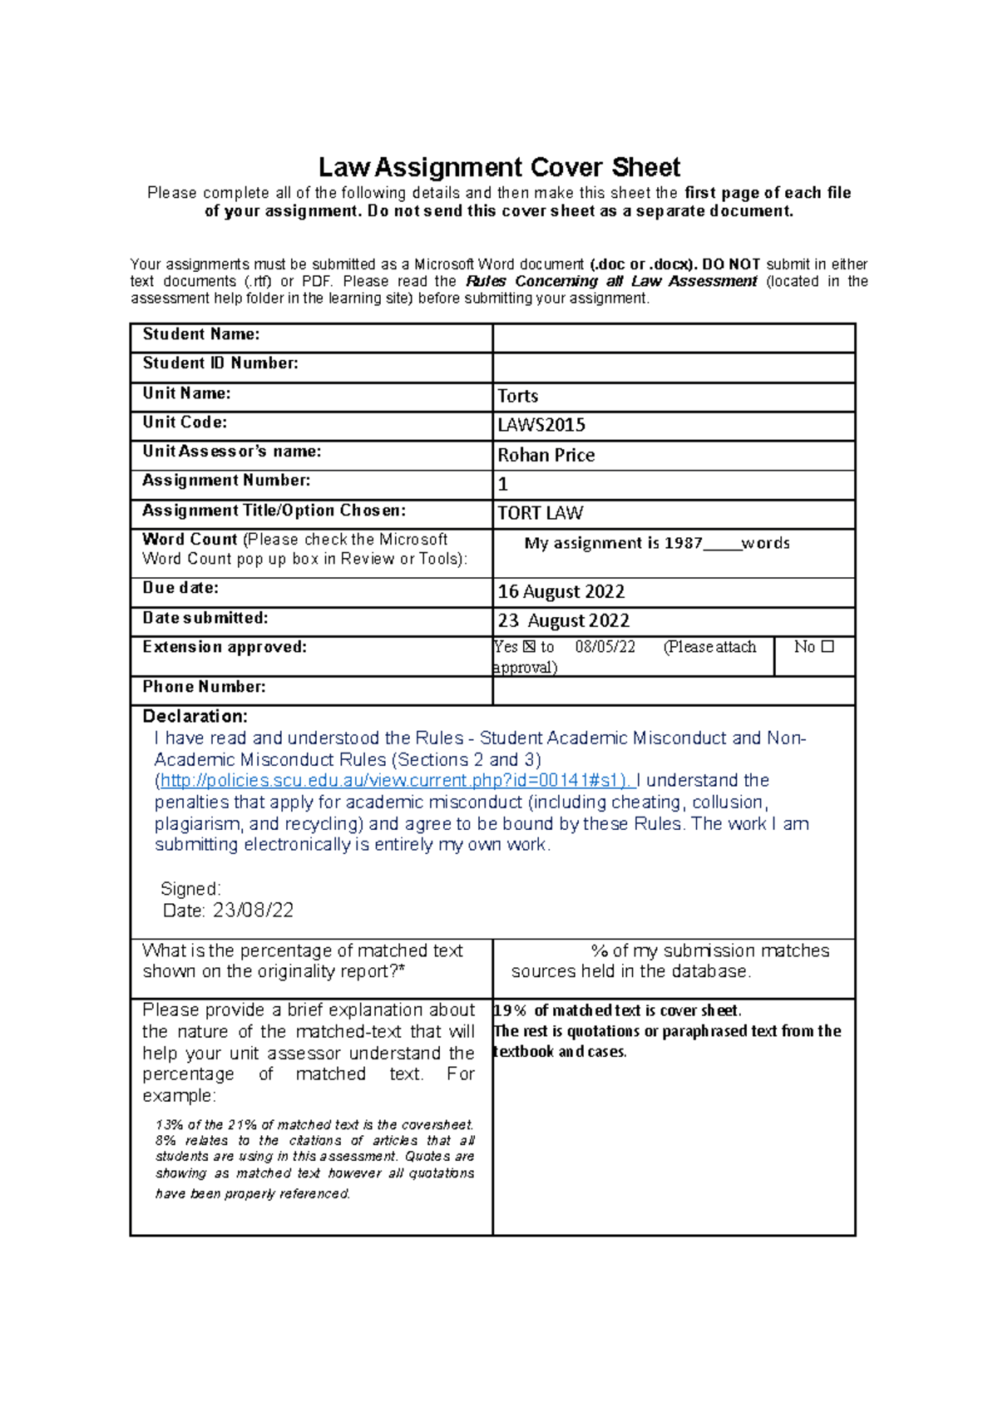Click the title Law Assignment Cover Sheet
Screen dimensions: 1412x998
click(499, 167)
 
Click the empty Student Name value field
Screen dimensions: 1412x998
click(674, 338)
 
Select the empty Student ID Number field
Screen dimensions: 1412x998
click(674, 367)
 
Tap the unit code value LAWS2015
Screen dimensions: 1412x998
click(541, 425)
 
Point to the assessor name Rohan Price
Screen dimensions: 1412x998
click(546, 455)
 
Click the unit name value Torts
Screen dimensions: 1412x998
click(517, 396)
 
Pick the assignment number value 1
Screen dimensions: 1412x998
click(502, 484)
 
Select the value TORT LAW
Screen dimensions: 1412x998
click(540, 513)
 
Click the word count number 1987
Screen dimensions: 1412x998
click(683, 543)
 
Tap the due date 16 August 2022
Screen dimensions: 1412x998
click(561, 591)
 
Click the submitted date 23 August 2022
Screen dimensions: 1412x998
click(563, 620)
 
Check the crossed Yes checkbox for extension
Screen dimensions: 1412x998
click(529, 646)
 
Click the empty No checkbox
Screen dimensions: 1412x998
click(828, 646)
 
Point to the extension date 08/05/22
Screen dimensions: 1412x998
click(605, 647)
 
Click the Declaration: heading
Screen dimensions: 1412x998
click(195, 716)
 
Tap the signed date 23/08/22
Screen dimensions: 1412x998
click(253, 910)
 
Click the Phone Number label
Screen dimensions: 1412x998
click(204, 686)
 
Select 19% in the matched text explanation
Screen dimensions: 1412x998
click(510, 1010)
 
